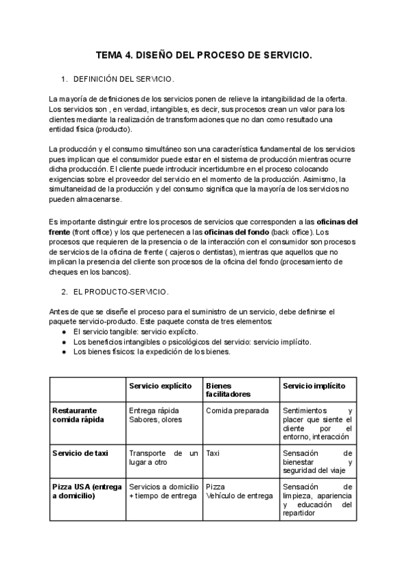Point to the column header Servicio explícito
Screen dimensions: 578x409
click(x=161, y=386)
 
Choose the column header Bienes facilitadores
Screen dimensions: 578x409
click(x=228, y=390)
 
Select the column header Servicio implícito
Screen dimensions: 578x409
click(x=314, y=386)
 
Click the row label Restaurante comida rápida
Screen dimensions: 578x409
click(x=78, y=415)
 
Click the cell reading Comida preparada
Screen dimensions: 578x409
click(x=237, y=411)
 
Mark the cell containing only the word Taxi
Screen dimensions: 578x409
click(x=213, y=453)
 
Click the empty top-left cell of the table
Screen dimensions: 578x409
click(x=87, y=390)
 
